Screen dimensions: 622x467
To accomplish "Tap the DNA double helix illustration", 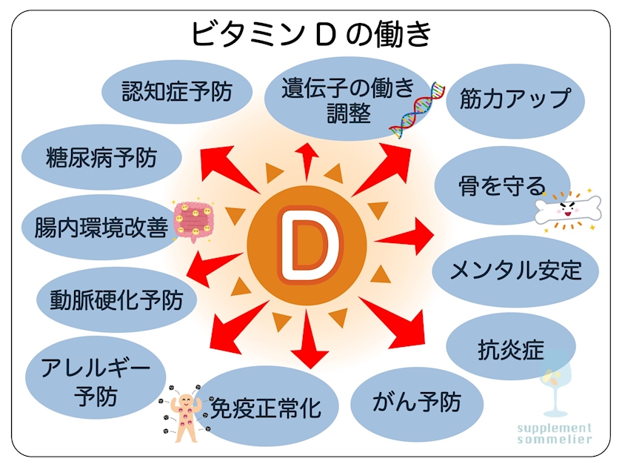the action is [416, 110].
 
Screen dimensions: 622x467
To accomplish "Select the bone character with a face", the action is [568, 211].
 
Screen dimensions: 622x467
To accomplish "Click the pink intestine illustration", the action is [193, 220].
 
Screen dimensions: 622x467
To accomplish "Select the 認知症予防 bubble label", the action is [177, 92].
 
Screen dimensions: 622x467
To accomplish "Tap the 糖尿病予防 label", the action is [101, 158].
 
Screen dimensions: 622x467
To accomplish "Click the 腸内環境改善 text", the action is [101, 227].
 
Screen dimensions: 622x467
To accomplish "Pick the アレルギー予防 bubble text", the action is [96, 382].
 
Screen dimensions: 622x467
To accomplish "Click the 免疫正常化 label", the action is [266, 408].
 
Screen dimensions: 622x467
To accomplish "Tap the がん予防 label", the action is [416, 402].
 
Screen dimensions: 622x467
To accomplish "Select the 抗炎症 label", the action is [511, 350].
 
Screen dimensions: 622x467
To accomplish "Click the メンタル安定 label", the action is [515, 271].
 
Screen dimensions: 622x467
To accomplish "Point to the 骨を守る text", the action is [502, 185].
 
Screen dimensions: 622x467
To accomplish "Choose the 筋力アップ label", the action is [515, 99].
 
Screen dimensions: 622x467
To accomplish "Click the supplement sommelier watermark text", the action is [555, 434].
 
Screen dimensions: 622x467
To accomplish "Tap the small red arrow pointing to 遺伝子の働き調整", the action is [307, 162].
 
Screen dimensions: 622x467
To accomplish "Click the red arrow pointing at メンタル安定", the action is [404, 236].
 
